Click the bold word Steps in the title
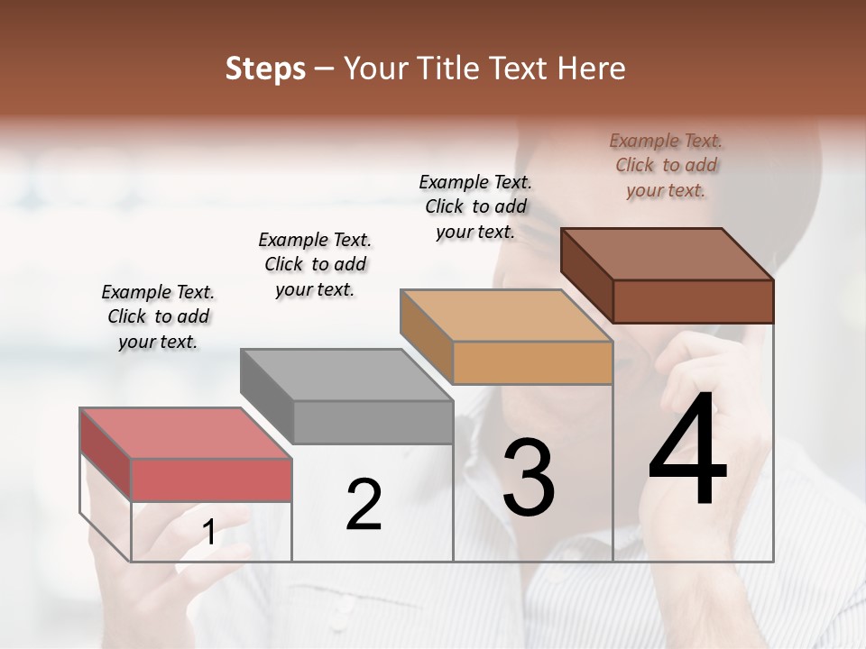tap(265, 69)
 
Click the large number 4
tap(687, 451)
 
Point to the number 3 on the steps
tap(529, 478)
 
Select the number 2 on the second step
tap(364, 505)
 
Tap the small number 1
tap(208, 533)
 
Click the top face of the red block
tap(185, 434)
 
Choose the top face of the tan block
tap(506, 315)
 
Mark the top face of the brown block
tap(667, 254)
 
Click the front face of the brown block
tap(693, 301)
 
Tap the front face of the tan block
tap(532, 363)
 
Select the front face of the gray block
tap(373, 422)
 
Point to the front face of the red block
tap(211, 480)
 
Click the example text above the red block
tap(158, 317)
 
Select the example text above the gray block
tap(315, 264)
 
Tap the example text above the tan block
tap(475, 206)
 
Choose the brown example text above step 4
tap(666, 165)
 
